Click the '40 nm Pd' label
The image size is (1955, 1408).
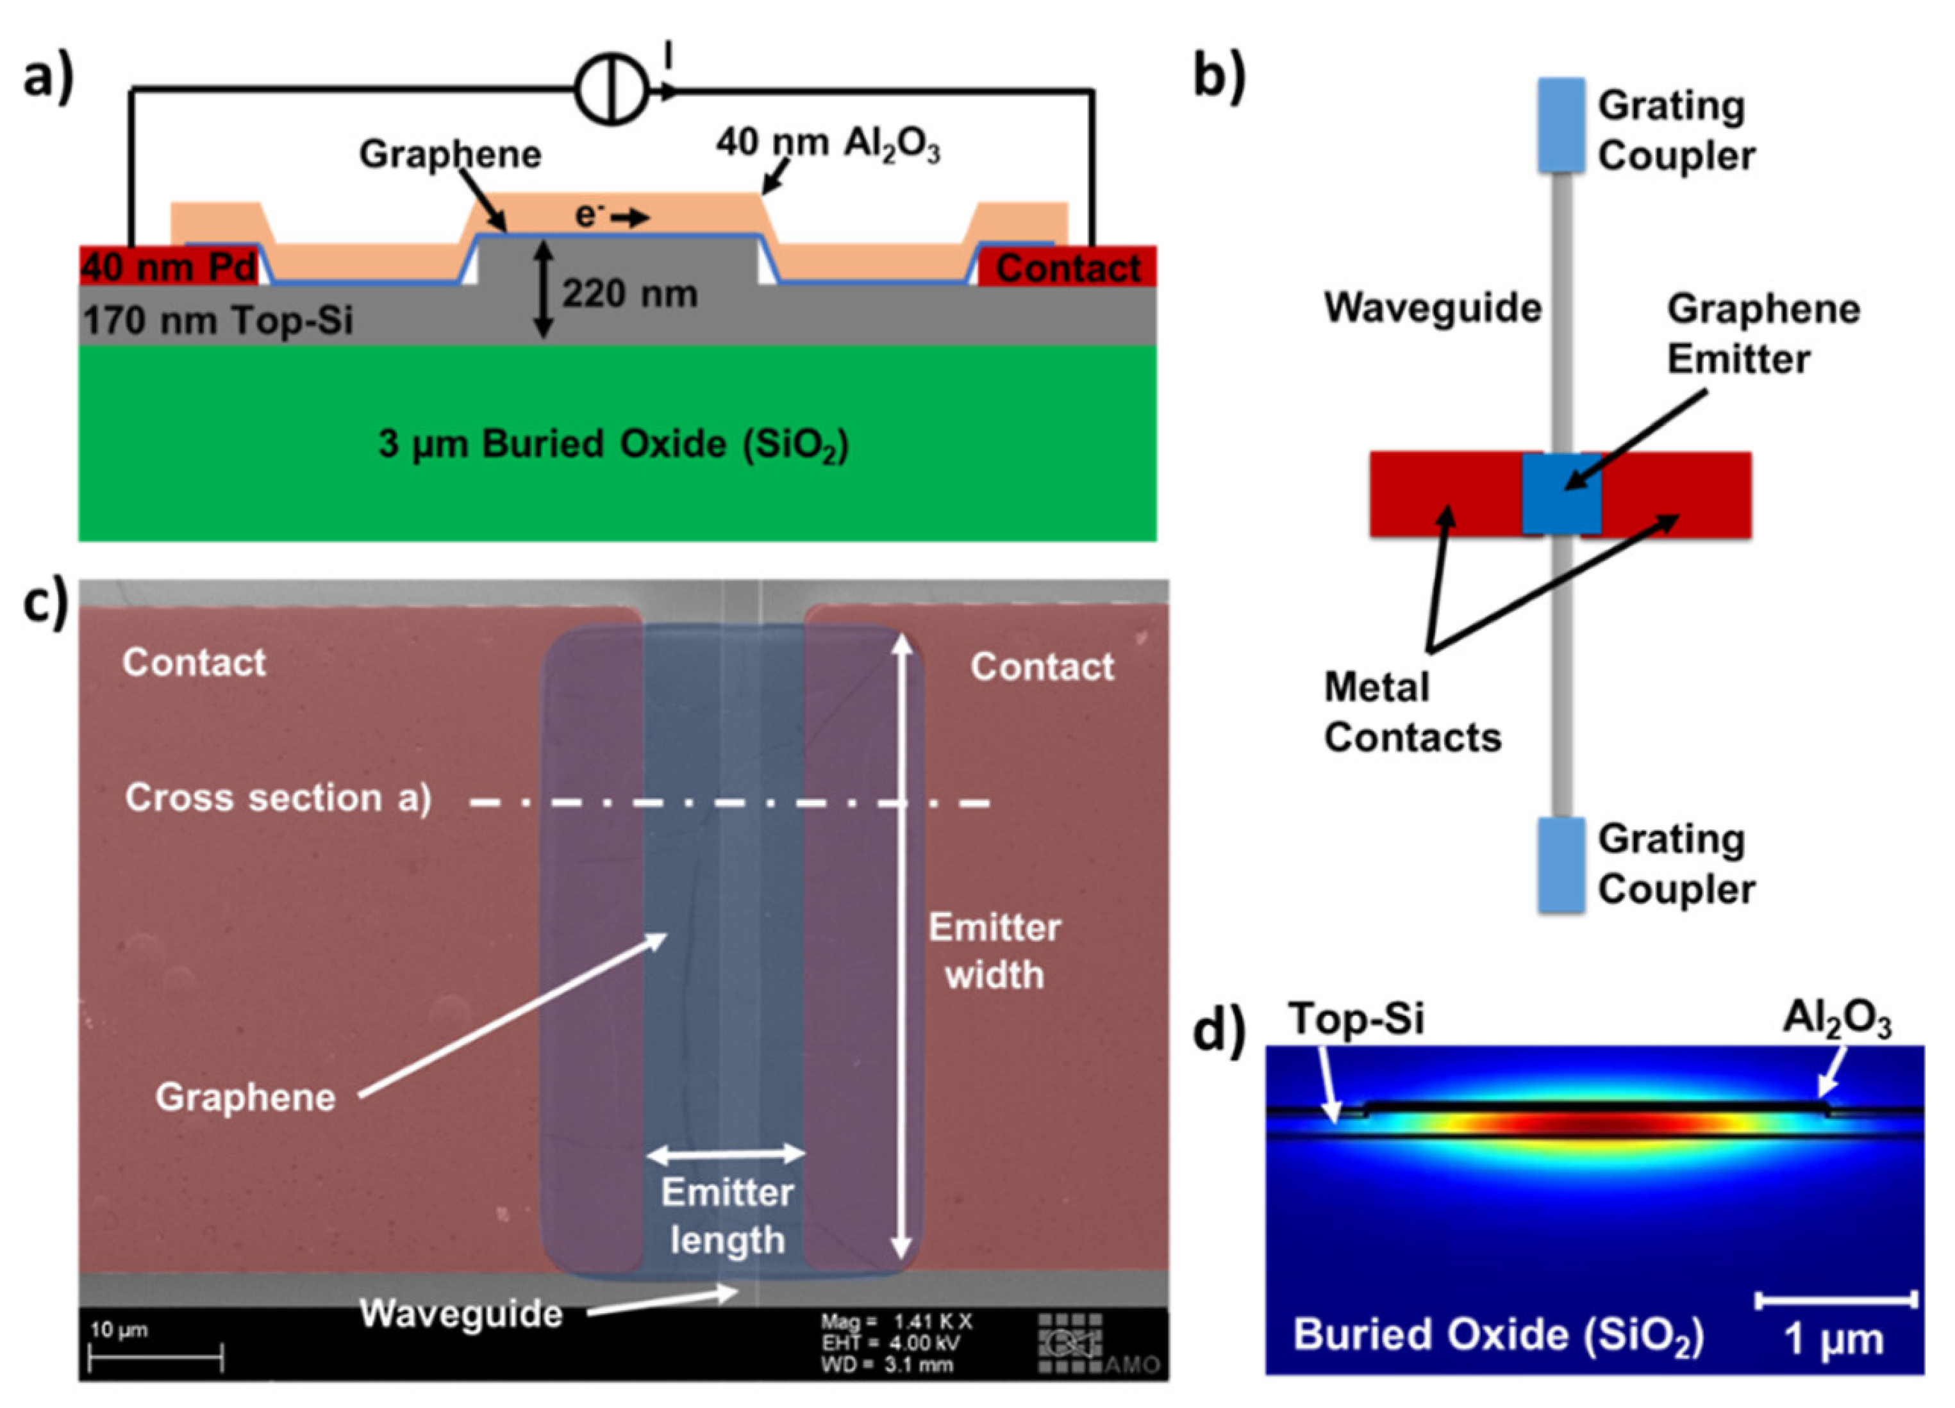(170, 267)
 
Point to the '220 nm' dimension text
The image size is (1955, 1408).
(630, 295)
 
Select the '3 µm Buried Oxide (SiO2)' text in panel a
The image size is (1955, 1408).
(613, 445)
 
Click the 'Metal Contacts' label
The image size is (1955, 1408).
(1413, 712)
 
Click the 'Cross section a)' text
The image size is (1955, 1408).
(278, 798)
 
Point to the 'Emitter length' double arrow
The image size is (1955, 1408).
(726, 1153)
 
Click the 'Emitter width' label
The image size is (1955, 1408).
(995, 951)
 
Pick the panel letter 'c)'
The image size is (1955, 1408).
(45, 602)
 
